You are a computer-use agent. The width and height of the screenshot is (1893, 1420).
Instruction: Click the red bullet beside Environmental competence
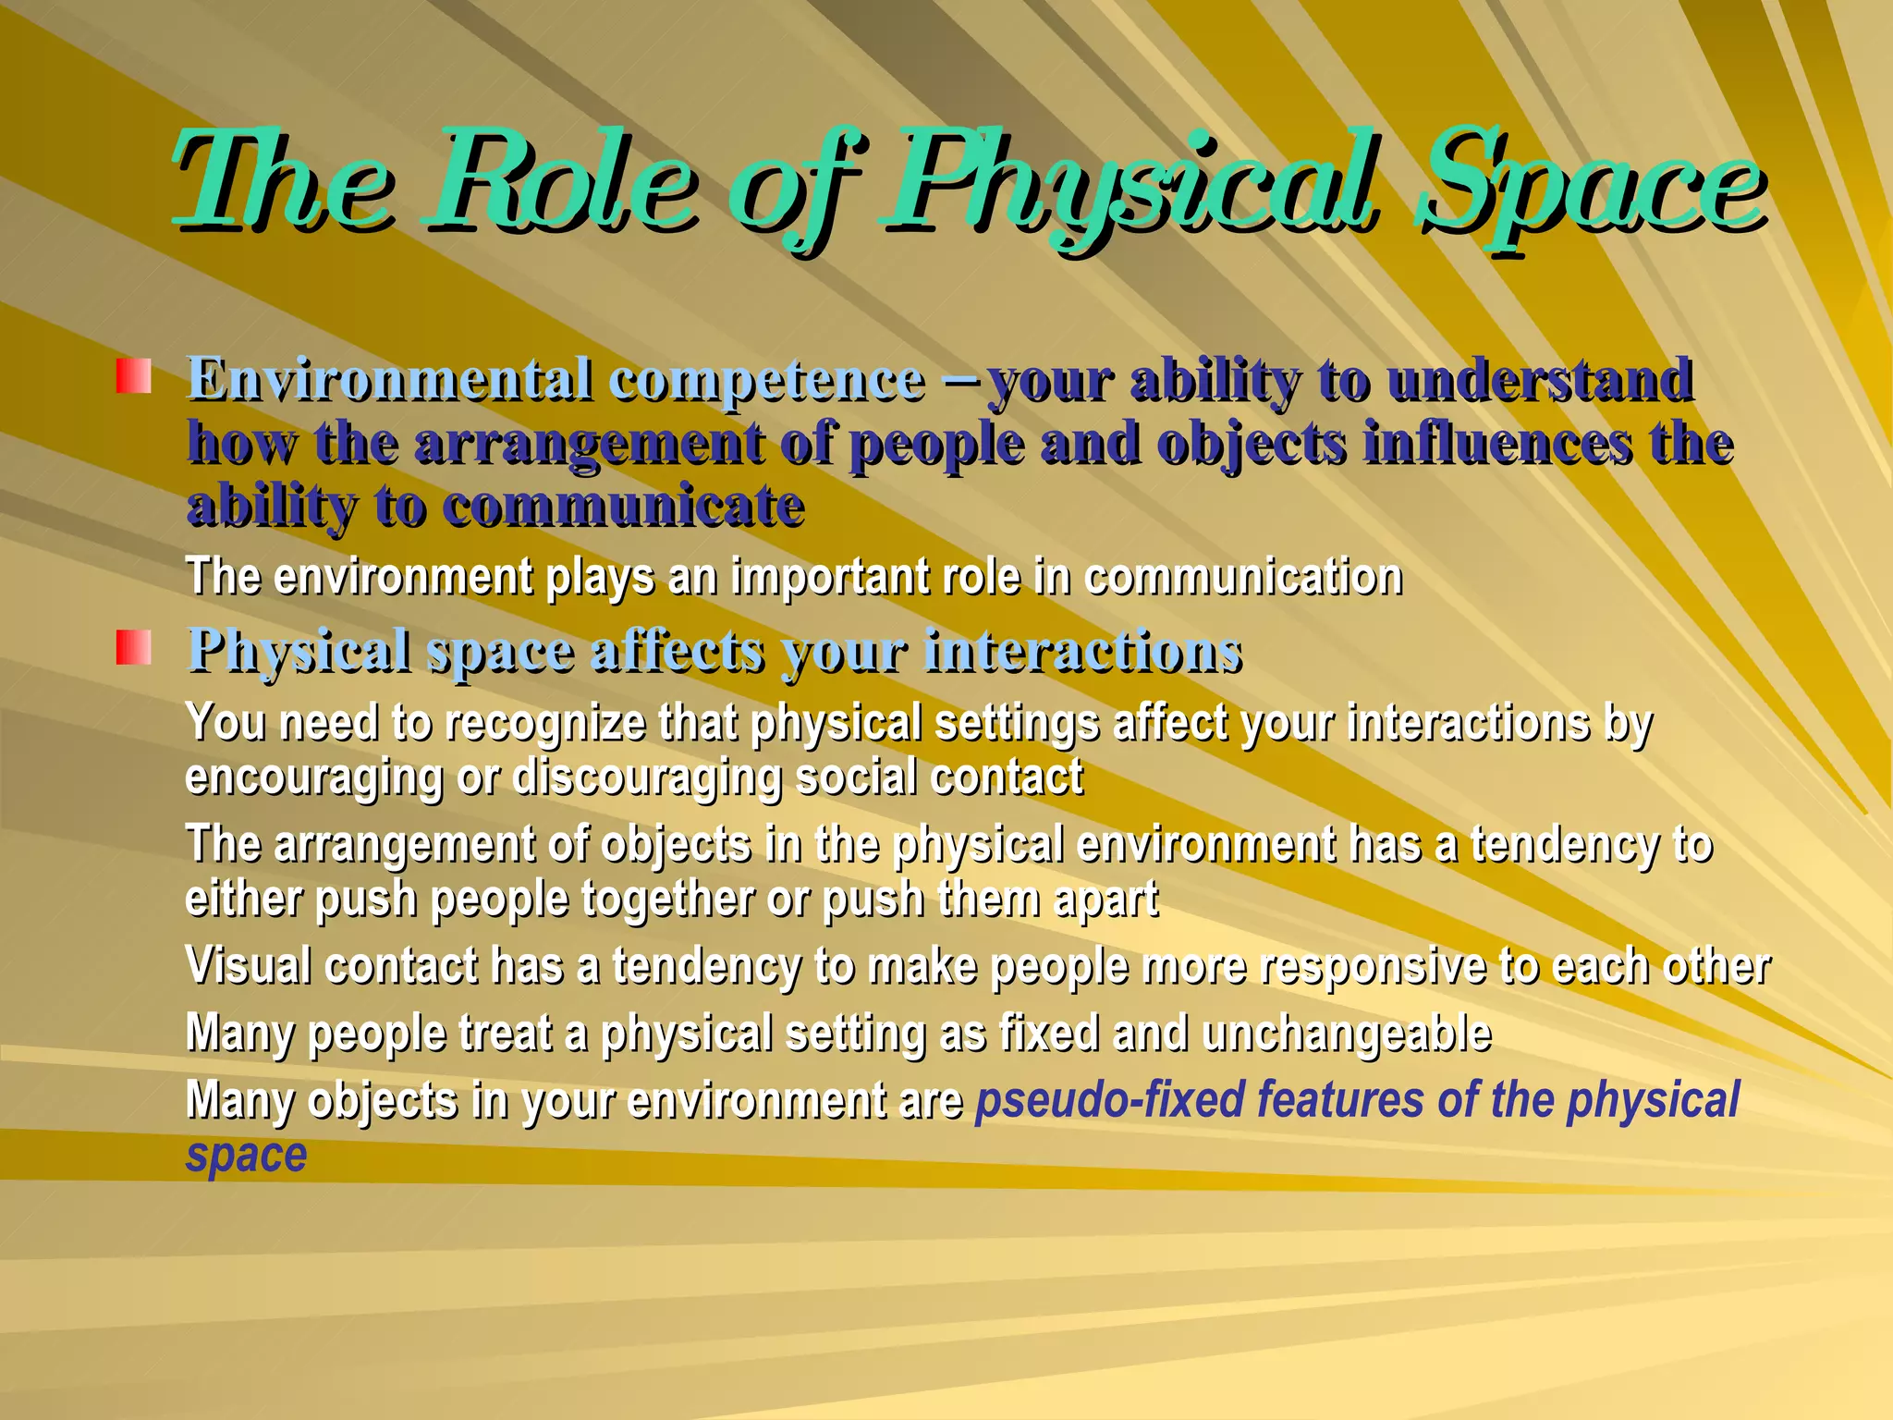[x=133, y=376]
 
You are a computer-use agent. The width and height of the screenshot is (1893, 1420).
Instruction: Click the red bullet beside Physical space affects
[x=133, y=647]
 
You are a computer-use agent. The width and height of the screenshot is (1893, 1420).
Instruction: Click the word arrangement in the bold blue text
[x=588, y=444]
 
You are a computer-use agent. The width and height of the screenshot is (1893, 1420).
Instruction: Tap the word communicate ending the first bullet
[x=624, y=506]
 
